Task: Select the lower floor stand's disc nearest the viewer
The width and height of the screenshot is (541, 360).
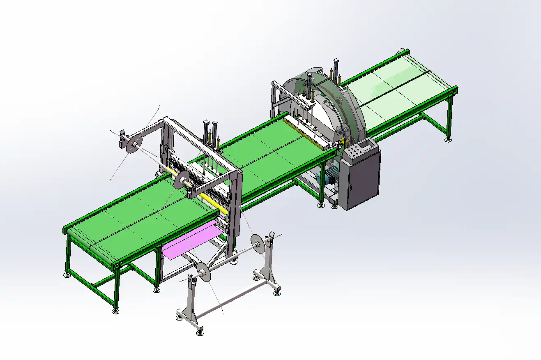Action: click(x=204, y=274)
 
